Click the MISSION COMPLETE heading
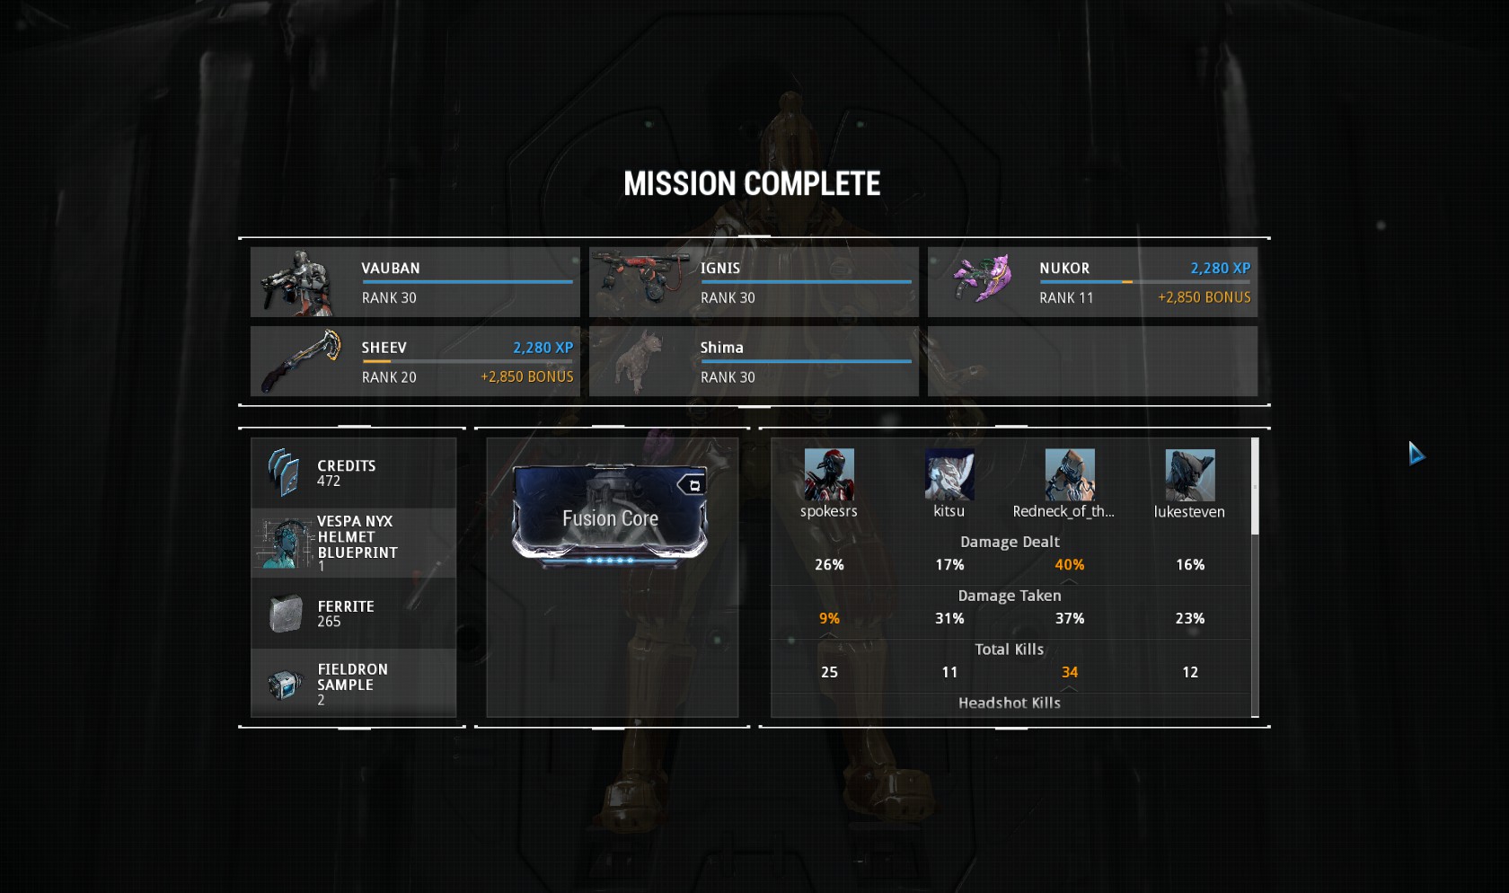click(752, 183)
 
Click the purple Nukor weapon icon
click(983, 277)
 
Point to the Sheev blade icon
click(301, 360)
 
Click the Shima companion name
click(721, 348)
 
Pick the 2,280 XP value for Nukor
click(1220, 269)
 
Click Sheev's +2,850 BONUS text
click(526, 376)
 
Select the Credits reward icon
click(284, 473)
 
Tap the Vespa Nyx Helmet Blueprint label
click(357, 537)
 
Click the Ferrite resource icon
click(286, 614)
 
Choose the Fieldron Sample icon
click(284, 685)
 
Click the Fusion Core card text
click(611, 518)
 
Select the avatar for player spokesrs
click(829, 473)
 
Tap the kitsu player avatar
click(949, 473)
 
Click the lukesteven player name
click(1189, 511)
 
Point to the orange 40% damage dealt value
click(1069, 565)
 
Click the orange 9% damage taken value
click(829, 619)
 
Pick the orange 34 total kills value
click(1070, 673)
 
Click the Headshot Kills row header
click(1010, 703)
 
